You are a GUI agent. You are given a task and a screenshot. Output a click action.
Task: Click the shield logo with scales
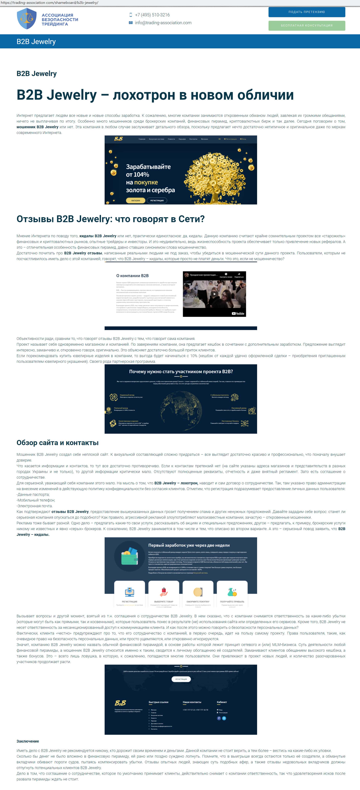(x=27, y=19)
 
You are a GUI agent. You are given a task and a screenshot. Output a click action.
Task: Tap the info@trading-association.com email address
(x=163, y=23)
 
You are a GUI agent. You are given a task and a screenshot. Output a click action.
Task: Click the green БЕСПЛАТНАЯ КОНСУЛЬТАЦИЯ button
(x=307, y=26)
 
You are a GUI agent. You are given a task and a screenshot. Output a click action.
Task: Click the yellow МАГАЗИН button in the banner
(x=136, y=200)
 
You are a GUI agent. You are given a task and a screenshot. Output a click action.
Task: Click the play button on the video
(x=214, y=294)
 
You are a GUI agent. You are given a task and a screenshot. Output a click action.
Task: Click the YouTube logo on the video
(x=238, y=313)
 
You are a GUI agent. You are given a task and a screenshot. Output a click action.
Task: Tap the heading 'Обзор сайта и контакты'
(x=58, y=442)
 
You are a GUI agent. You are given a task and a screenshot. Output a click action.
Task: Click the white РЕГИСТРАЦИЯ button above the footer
(x=181, y=679)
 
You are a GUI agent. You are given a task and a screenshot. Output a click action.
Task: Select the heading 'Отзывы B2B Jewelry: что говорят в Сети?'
(x=110, y=219)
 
